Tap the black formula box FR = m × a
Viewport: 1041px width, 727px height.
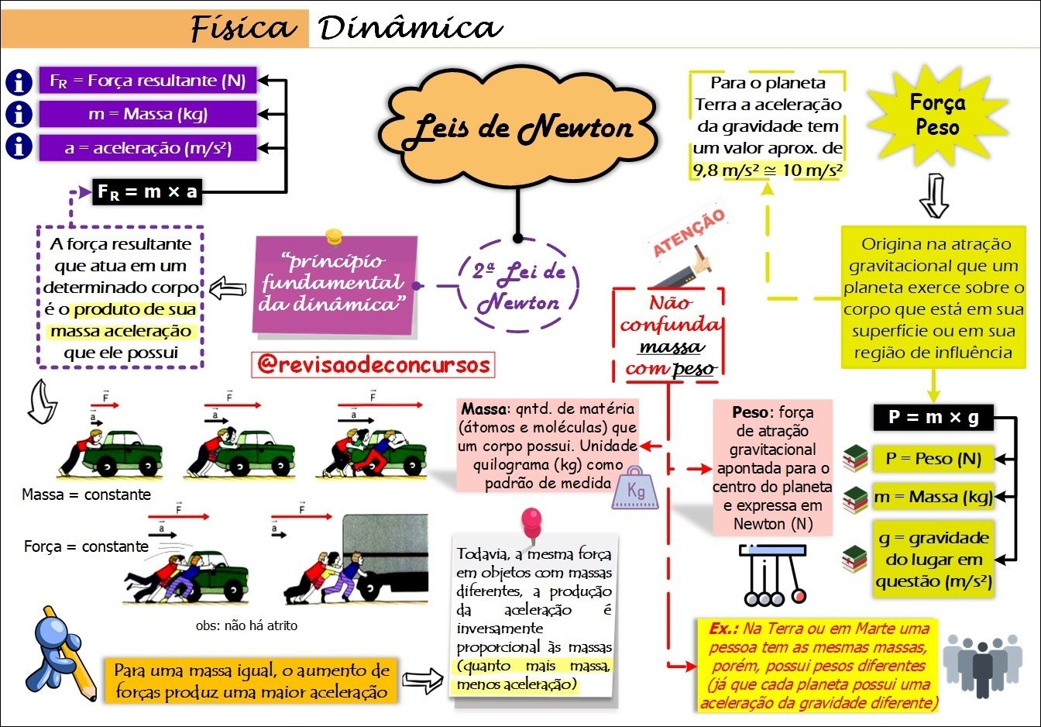click(147, 191)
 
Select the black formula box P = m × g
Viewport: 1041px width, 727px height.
click(933, 418)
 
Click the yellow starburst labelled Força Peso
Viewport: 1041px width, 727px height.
click(937, 115)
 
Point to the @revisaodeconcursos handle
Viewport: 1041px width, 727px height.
click(373, 364)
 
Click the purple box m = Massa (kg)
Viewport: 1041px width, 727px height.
click(147, 114)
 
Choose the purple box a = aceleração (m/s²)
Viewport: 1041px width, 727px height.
click(147, 147)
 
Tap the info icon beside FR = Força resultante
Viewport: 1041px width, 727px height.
click(19, 81)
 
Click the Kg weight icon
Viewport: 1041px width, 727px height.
click(635, 489)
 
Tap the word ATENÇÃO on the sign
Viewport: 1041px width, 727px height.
click(689, 232)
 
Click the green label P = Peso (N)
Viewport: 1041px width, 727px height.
click(933, 459)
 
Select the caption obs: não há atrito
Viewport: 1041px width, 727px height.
click(246, 625)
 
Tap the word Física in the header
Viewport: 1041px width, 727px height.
click(243, 29)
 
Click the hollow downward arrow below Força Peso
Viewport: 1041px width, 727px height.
click(934, 195)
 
